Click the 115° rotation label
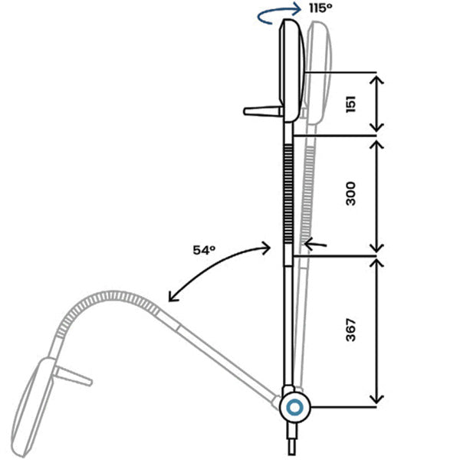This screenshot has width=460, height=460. tap(320, 8)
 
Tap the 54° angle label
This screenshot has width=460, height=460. tap(204, 250)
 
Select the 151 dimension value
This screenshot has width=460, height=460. tap(351, 104)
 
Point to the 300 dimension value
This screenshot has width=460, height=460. tap(351, 194)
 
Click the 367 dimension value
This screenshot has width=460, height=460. tap(351, 330)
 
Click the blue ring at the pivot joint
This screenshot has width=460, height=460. tap(294, 408)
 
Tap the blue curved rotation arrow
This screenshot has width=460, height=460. tap(279, 15)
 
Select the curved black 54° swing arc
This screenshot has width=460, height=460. tap(214, 265)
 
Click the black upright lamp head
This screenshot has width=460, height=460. tap(291, 71)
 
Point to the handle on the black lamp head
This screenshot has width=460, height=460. tap(263, 111)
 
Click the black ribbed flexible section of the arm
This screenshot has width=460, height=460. tap(288, 194)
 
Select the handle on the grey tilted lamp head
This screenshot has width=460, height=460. tap(73, 376)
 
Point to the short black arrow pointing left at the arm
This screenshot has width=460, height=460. tap(315, 244)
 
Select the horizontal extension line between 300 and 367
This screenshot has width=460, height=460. tap(335, 256)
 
